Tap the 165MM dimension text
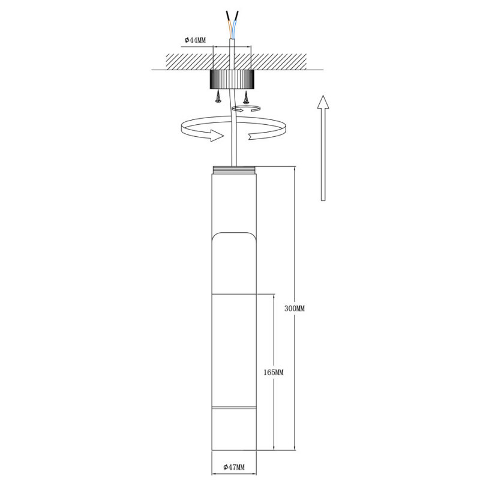[x=273, y=372]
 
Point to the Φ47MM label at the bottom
[x=235, y=466]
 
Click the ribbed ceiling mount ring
[x=232, y=79]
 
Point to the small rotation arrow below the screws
[x=247, y=109]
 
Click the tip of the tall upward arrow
[x=323, y=97]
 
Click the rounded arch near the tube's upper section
[x=235, y=234]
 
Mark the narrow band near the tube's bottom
[x=235, y=411]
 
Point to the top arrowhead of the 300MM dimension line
[x=295, y=169]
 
